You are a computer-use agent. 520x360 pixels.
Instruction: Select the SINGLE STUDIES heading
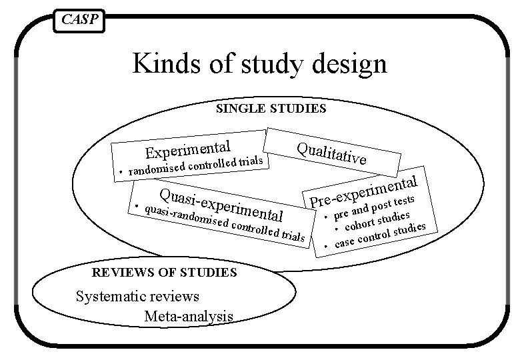click(271, 108)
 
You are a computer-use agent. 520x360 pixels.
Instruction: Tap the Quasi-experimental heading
click(222, 204)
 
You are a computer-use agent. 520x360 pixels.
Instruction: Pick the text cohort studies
click(381, 223)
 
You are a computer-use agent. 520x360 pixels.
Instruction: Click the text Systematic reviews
click(138, 296)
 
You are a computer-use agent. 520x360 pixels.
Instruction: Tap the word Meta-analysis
click(188, 315)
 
